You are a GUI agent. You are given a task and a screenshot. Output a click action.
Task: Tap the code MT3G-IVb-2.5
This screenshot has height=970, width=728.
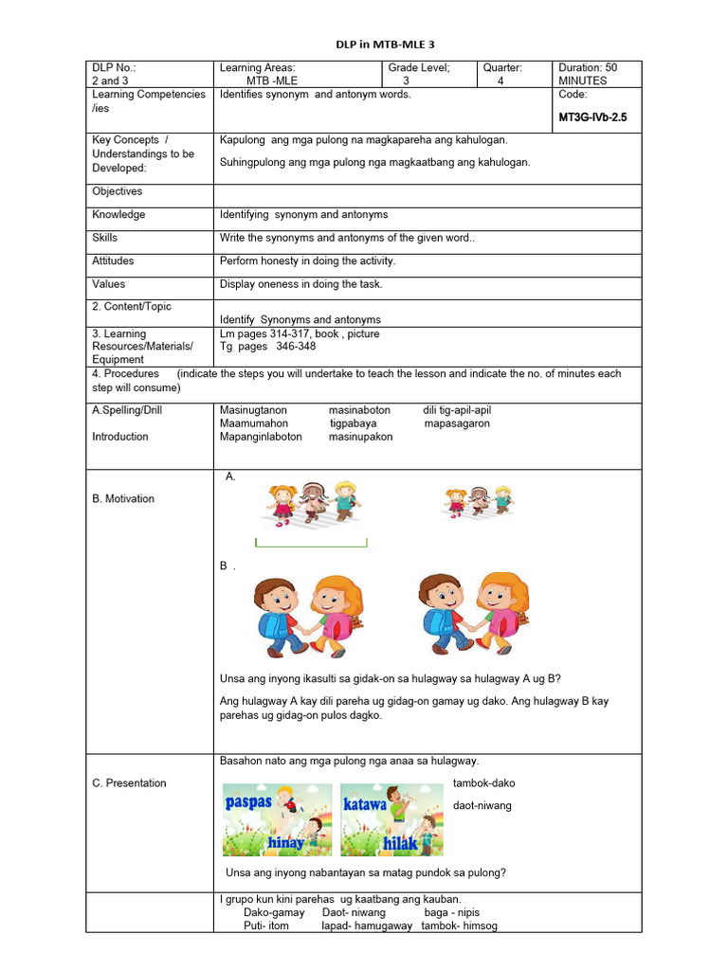click(x=593, y=117)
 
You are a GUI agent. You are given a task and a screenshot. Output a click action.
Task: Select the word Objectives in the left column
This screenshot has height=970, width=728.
click(x=118, y=191)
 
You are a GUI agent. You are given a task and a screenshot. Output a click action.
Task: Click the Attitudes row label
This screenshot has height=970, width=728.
click(x=113, y=260)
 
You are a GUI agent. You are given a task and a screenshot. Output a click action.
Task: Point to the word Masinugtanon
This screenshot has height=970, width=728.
click(x=253, y=410)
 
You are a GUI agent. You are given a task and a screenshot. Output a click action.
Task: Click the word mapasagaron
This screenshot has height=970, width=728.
click(x=457, y=423)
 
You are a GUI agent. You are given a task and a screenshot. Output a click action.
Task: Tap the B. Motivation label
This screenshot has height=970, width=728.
click(x=123, y=498)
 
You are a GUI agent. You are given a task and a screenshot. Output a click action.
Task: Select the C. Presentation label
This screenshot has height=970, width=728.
click(x=129, y=782)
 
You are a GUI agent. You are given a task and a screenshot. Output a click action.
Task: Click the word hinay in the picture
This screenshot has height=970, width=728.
click(x=286, y=841)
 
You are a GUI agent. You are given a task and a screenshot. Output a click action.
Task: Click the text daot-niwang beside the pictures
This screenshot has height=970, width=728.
click(x=482, y=805)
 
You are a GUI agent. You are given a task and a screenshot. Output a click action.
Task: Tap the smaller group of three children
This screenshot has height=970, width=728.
click(x=479, y=501)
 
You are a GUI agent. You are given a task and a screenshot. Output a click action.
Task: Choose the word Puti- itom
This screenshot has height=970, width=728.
click(x=266, y=925)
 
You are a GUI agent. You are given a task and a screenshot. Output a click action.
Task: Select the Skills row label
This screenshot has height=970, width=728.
click(x=106, y=238)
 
